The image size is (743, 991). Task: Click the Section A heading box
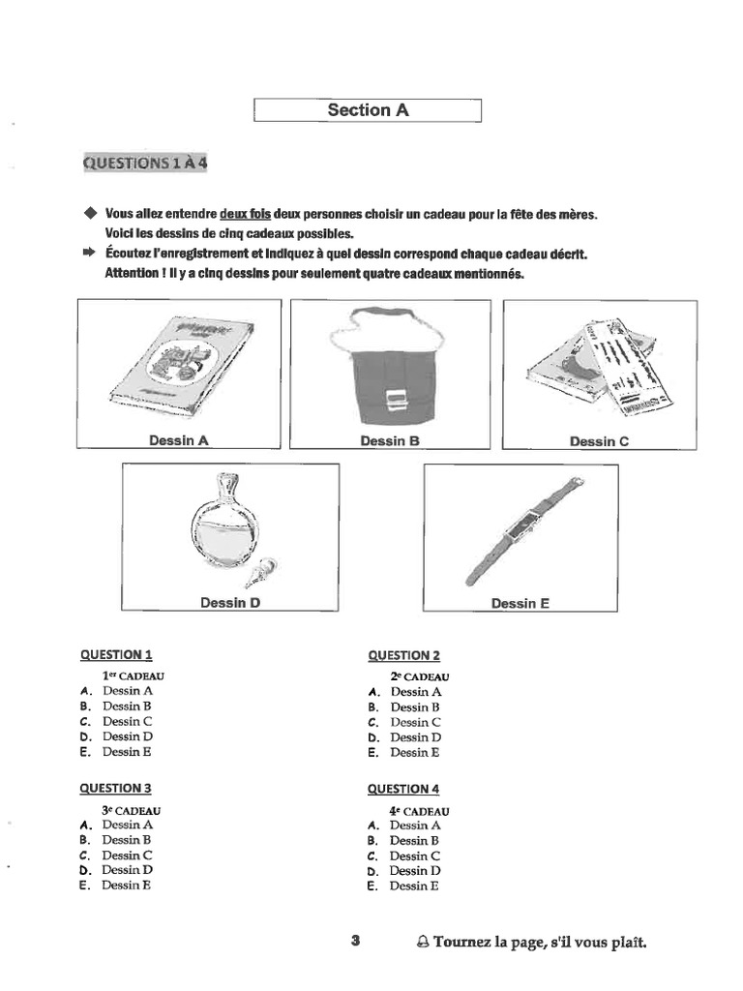pos(368,110)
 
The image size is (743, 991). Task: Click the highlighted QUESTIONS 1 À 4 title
pos(144,163)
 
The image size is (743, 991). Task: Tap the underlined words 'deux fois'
pos(246,214)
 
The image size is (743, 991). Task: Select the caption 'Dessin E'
pos(520,603)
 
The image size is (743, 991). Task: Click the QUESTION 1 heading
pos(115,654)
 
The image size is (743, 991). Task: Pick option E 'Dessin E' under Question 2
pos(415,752)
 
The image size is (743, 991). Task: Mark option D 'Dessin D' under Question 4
pos(414,871)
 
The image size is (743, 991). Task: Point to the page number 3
pos(355,940)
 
